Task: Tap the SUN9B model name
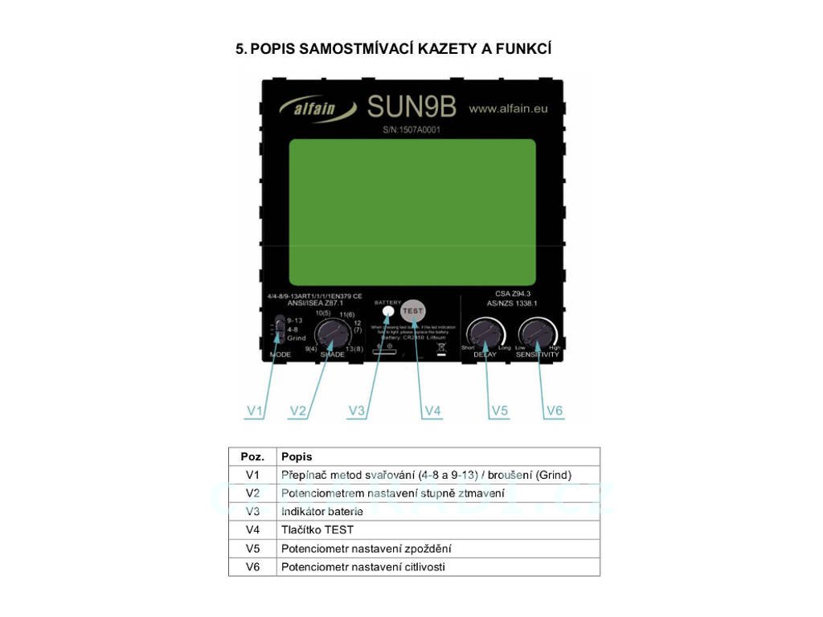(411, 107)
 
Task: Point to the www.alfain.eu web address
(508, 108)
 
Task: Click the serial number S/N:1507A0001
(411, 129)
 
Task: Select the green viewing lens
(411, 206)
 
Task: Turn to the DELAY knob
(487, 333)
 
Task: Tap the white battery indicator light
(388, 311)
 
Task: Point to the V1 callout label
(255, 411)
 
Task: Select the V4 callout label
(432, 411)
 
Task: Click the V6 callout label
(555, 411)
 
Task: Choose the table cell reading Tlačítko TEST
(317, 530)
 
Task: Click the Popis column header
(297, 456)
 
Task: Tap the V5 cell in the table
(252, 549)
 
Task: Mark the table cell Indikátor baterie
(322, 512)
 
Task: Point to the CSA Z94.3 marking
(511, 295)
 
